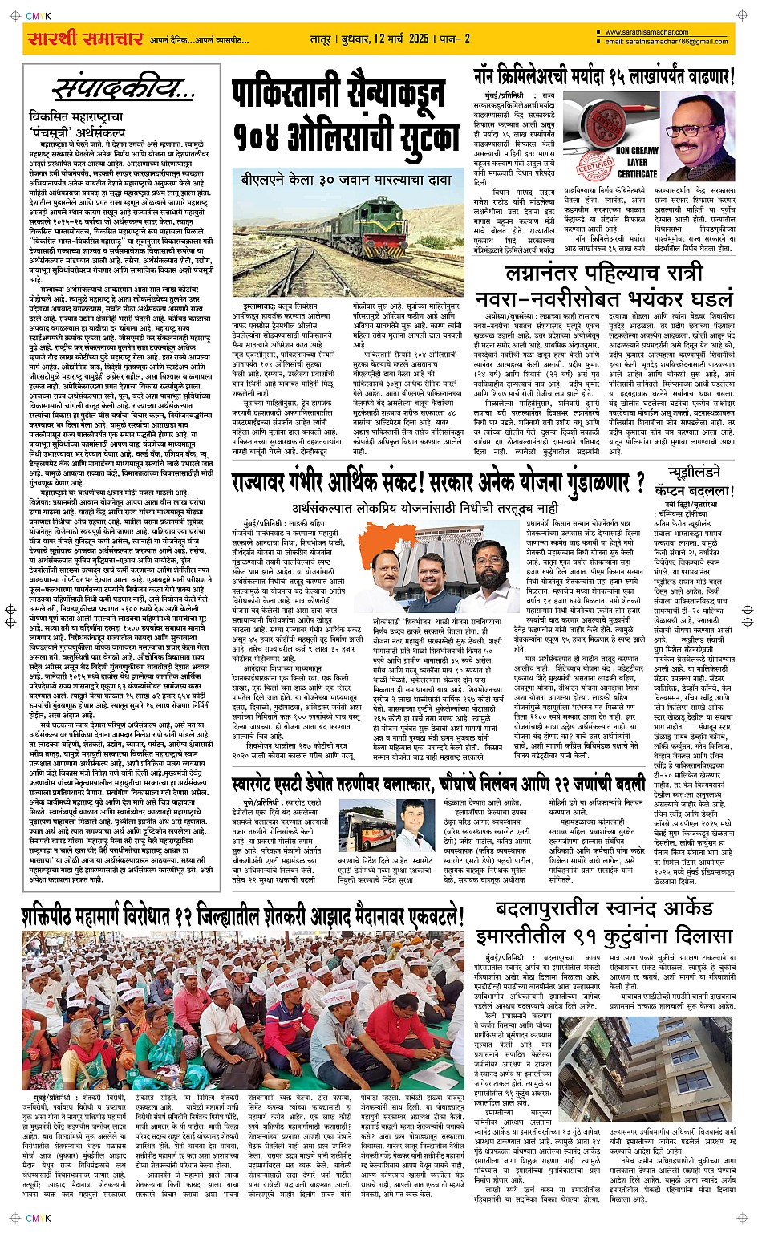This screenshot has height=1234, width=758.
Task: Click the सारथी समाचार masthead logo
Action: pos(85,39)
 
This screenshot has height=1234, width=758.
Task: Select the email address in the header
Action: pos(667,42)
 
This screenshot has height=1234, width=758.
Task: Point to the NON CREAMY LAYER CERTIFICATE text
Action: pos(637,161)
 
